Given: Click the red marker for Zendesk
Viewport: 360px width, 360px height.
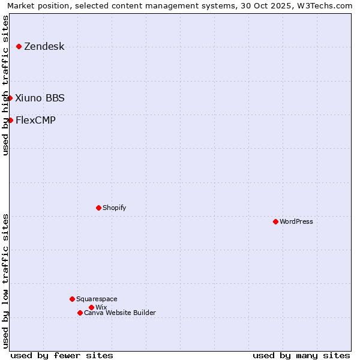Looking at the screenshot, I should coord(19,46).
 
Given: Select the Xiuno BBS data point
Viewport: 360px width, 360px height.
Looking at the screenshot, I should coord(10,98).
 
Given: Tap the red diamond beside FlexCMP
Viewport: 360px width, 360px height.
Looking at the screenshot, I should coord(10,120).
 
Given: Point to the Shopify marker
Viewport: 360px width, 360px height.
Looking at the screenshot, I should coord(98,208).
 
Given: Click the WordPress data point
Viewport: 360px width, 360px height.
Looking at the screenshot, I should coord(275,221).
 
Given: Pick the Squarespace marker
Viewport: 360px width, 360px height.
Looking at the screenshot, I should coord(72,299).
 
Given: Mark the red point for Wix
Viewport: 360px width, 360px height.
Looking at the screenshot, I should coord(91,307).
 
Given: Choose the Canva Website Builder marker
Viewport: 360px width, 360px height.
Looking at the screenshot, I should coord(80,313).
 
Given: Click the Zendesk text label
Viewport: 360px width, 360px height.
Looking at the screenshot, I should coord(44,47).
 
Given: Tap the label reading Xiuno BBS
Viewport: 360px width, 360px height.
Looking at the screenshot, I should coord(40,98).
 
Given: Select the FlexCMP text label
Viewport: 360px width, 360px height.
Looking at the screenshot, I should coord(35,120).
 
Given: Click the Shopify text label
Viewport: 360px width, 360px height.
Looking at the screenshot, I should coord(114,208).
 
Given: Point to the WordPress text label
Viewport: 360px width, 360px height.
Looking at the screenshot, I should coord(296,221).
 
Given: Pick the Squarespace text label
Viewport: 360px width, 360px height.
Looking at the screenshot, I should coord(97,299).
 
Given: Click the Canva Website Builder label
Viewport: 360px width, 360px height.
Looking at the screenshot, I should coord(120,313).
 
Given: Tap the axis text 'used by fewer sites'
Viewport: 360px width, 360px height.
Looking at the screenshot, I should coord(62,355).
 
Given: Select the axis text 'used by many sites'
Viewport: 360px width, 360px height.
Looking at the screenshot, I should coord(301,355).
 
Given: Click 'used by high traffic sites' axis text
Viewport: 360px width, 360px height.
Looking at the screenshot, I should coord(5,86).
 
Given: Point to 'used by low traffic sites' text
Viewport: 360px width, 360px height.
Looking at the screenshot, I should coord(5,280).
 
